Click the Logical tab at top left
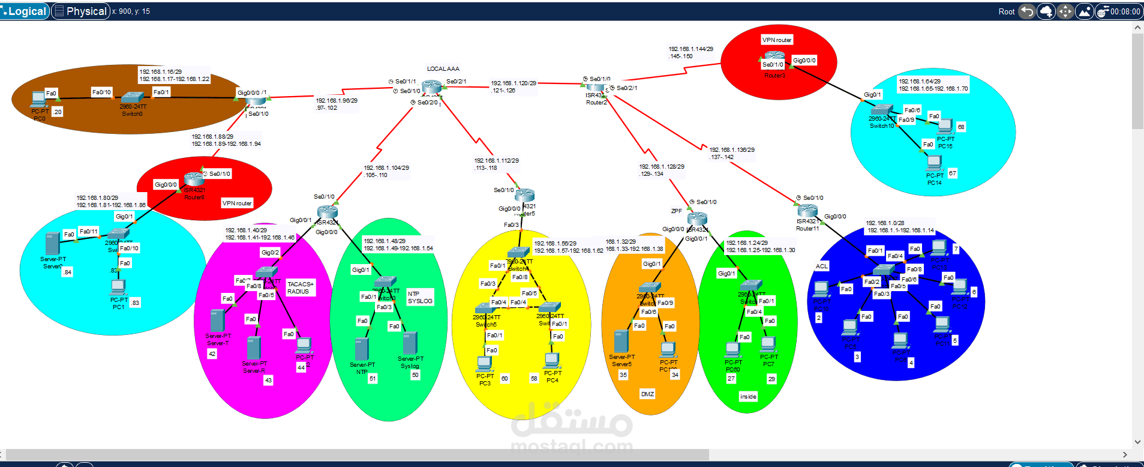(x=25, y=11)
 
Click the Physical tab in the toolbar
(x=80, y=11)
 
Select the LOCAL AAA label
(x=443, y=69)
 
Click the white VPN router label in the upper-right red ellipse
(x=777, y=40)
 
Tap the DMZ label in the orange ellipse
(x=647, y=394)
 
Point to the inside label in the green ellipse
(x=748, y=397)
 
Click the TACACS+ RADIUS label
(x=300, y=288)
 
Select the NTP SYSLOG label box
(x=419, y=298)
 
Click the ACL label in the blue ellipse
(x=821, y=267)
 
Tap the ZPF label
(x=676, y=211)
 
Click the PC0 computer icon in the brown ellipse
(x=39, y=98)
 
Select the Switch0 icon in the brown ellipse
(x=132, y=98)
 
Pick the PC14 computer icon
(x=934, y=163)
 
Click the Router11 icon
(x=807, y=211)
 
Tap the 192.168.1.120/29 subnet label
(x=514, y=83)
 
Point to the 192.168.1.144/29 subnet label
(x=690, y=49)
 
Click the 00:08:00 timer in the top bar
(x=1125, y=11)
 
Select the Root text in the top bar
(x=1006, y=11)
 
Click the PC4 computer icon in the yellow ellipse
(x=552, y=360)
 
